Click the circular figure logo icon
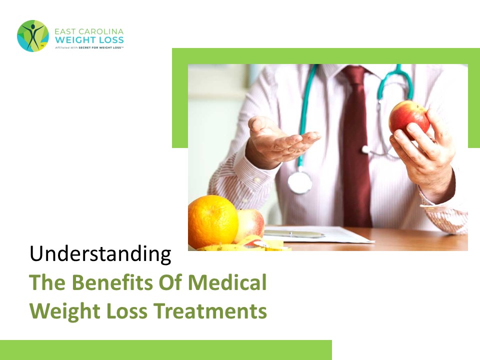tap(33, 36)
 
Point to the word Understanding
tap(100, 254)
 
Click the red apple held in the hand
tap(408, 119)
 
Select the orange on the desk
tap(213, 221)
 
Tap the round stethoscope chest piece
tap(299, 182)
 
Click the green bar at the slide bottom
tap(165, 350)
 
